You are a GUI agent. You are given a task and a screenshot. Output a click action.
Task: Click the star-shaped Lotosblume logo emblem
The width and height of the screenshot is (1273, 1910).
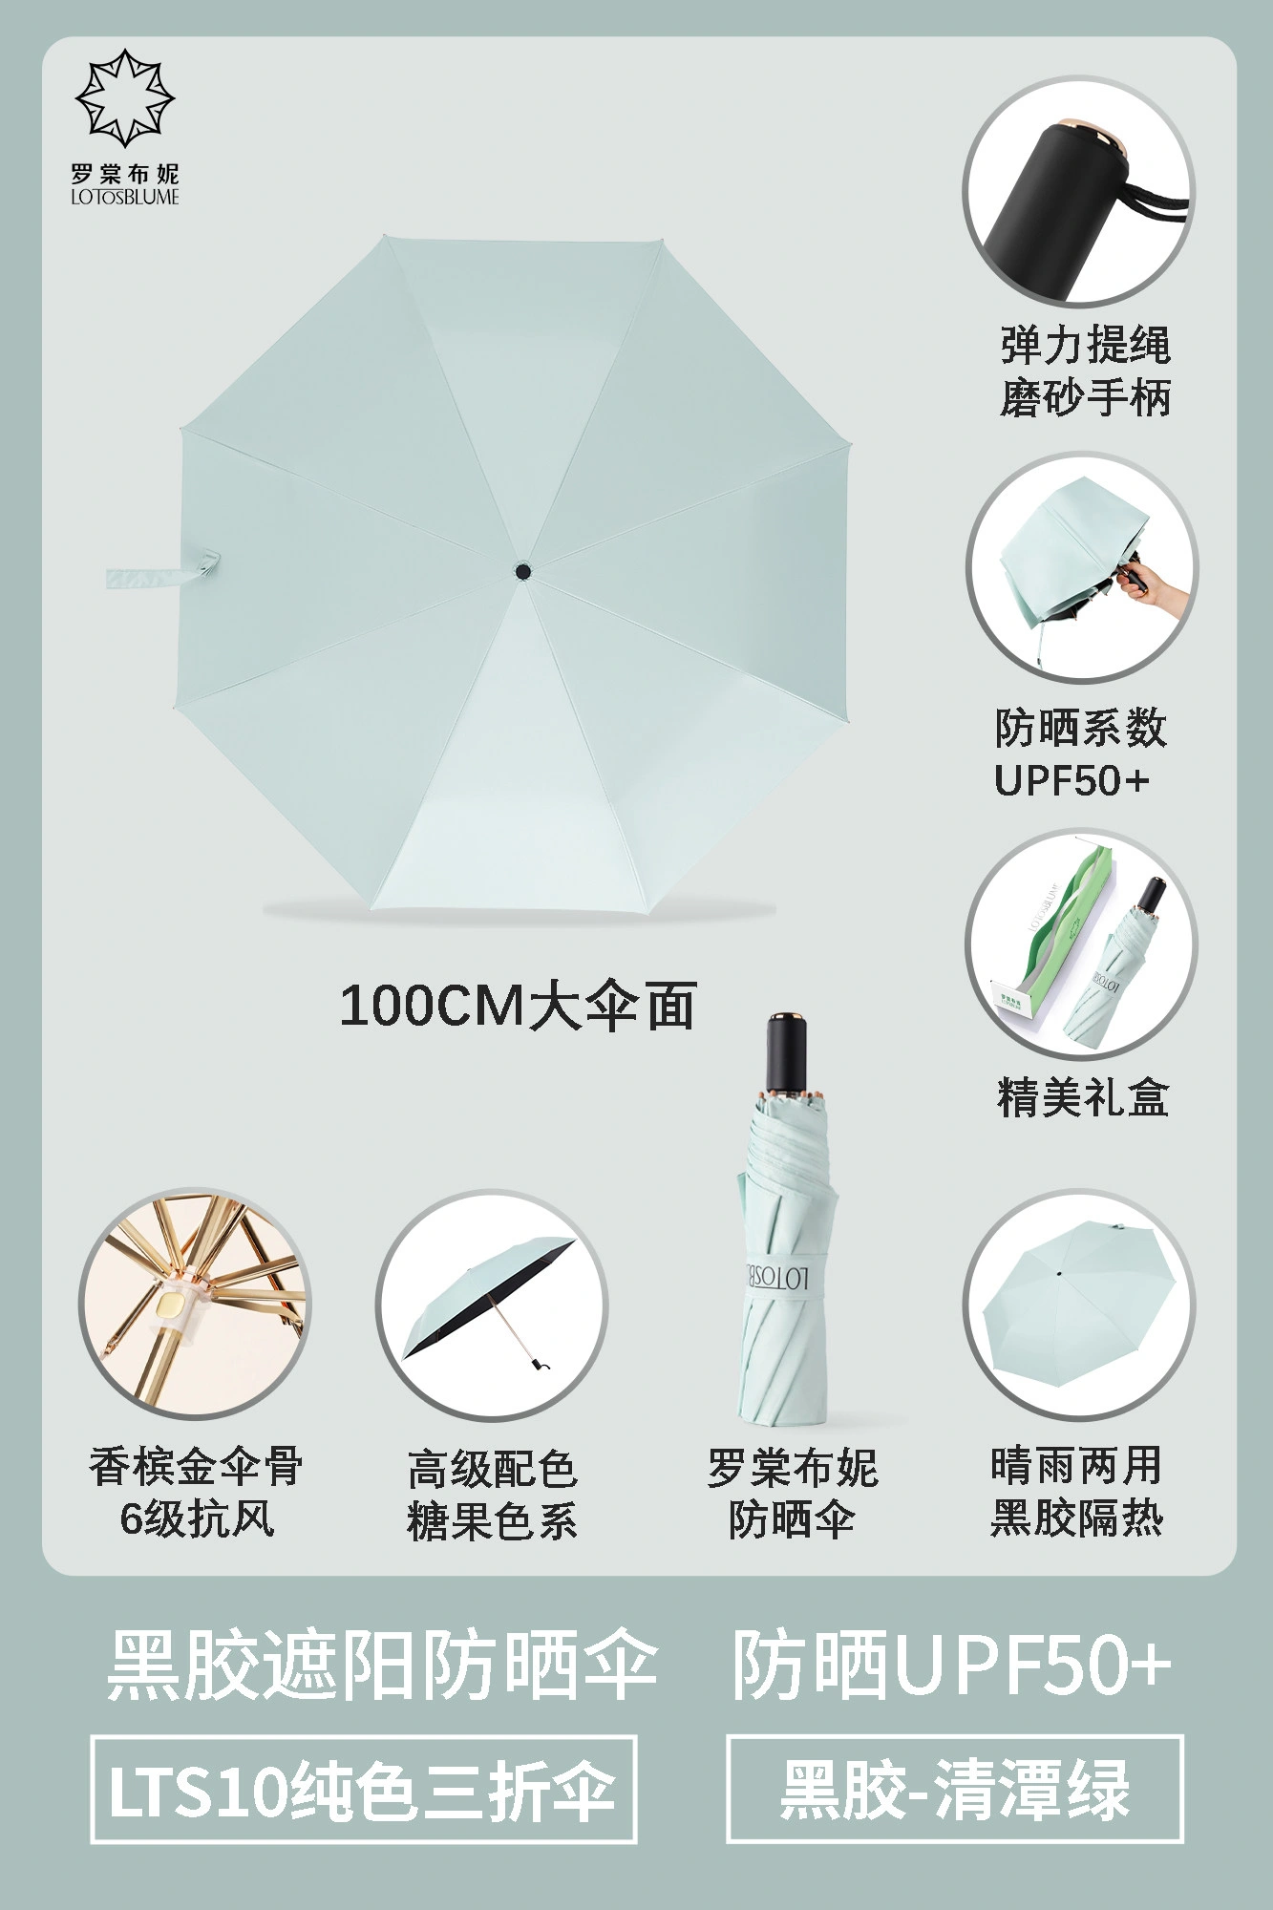pos(125,98)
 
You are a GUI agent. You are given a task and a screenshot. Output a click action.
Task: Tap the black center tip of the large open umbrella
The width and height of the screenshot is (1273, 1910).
pos(522,572)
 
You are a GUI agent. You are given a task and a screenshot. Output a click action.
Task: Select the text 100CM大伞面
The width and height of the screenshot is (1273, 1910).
pos(518,1006)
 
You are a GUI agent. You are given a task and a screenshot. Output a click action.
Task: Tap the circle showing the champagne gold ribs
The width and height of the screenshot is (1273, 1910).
pos(196,1305)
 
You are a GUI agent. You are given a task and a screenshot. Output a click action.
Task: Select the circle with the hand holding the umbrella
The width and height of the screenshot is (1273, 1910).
pos(1080,568)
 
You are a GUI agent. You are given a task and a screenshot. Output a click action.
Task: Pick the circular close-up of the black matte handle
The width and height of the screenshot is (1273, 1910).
pos(1078,192)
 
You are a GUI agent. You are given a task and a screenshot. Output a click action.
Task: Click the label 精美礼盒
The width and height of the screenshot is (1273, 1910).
pos(1083,1098)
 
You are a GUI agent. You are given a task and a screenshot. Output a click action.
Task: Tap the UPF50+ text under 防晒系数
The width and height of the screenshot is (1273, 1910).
pos(1071,781)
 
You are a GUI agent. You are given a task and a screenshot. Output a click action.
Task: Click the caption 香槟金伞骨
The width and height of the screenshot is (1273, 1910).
pos(196,1466)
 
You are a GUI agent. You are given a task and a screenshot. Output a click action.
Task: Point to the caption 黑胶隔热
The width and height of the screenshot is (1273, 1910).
pos(1076,1517)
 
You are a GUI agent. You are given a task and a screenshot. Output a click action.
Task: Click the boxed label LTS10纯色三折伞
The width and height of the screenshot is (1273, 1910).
pos(364,1790)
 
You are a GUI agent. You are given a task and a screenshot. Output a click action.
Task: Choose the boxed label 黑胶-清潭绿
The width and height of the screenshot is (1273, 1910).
pos(955,1789)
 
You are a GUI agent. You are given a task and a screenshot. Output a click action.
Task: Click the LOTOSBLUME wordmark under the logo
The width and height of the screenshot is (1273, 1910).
pos(125,198)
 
